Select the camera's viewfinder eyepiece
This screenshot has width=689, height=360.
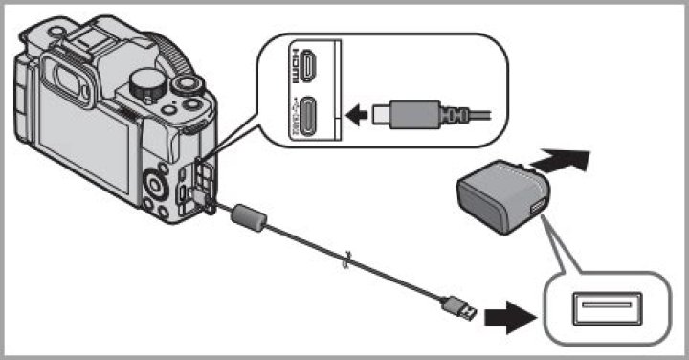tap(72, 77)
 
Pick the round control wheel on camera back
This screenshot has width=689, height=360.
tap(155, 179)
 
